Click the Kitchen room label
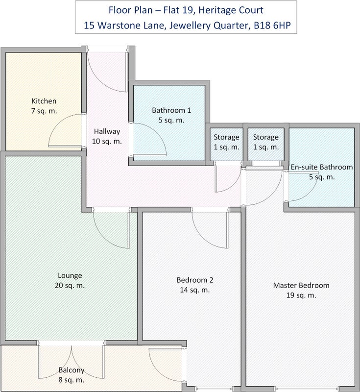point(44,101)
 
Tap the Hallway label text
point(107,131)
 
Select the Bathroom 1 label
point(171,110)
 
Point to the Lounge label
point(70,275)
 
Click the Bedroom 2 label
point(195,280)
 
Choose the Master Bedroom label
point(301,285)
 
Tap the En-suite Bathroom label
point(322,167)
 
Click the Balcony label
point(72,370)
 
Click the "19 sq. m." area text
point(301,295)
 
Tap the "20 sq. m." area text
point(70,285)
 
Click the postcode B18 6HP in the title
point(272,25)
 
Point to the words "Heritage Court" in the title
point(231,10)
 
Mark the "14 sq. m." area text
point(195,290)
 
